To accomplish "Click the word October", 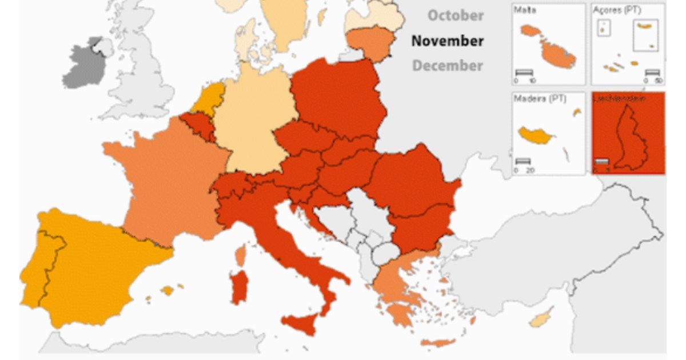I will [x=456, y=15].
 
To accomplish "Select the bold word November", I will [x=448, y=41].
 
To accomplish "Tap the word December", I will [x=448, y=66].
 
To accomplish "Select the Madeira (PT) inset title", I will [x=540, y=98].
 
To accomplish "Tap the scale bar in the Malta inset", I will [x=524, y=72].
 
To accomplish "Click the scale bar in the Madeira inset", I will [x=523, y=162].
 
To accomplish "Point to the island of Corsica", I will [x=241, y=255].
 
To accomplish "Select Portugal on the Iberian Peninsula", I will [x=40, y=269].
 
